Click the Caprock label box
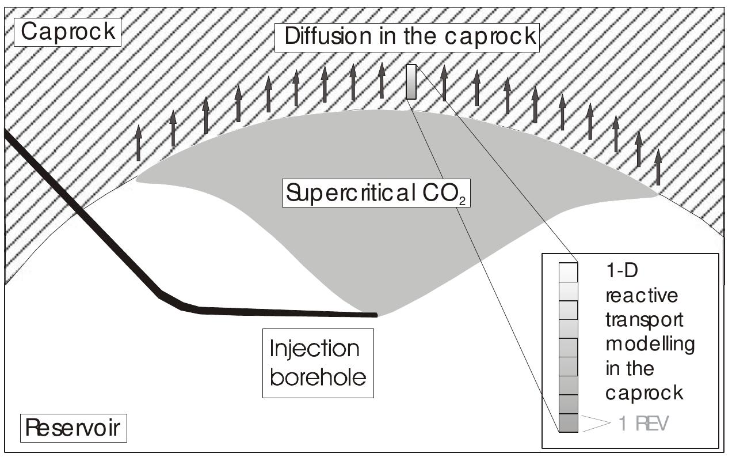click(x=68, y=31)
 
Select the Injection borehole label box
click(x=318, y=363)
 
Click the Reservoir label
click(x=73, y=428)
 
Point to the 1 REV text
click(x=643, y=424)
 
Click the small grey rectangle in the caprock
click(x=411, y=82)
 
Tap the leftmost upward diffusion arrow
click(x=138, y=142)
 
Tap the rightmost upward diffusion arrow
click(x=658, y=167)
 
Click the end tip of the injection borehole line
click(x=375, y=315)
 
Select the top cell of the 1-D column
click(x=568, y=271)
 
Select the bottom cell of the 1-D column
click(x=568, y=423)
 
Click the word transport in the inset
click(x=638, y=320)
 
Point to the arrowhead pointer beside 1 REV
click(x=596, y=424)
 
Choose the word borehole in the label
click(x=318, y=377)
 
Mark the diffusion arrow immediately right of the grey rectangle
click(x=444, y=83)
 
